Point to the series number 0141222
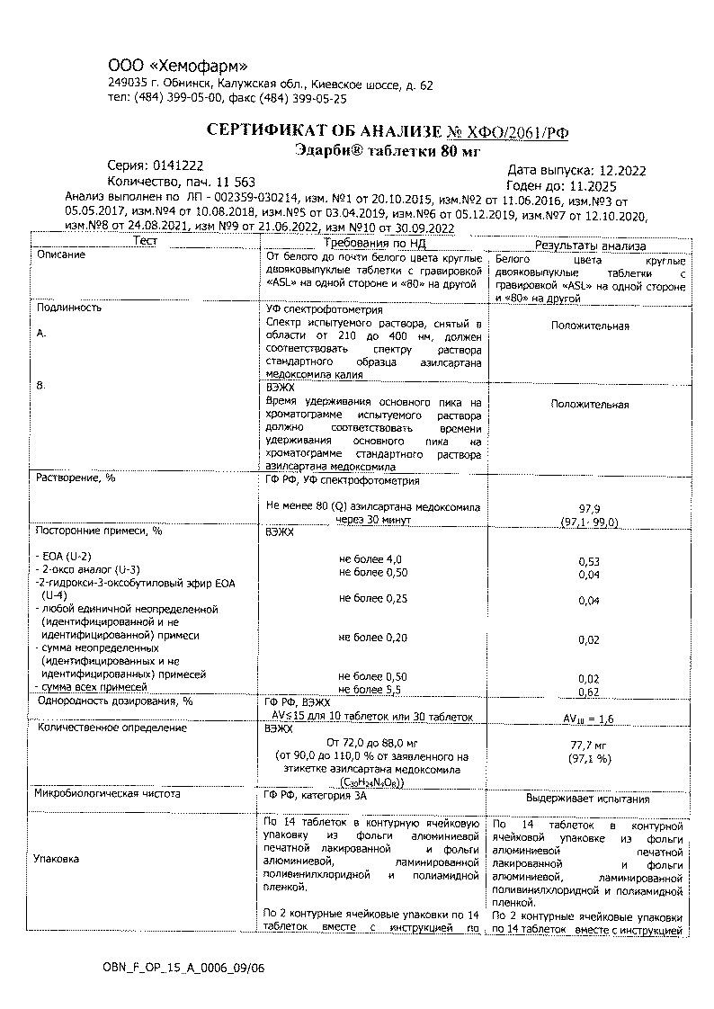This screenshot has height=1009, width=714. click(178, 166)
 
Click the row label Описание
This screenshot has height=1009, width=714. click(61, 255)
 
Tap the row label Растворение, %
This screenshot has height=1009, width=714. click(76, 478)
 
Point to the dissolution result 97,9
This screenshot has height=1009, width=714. click(589, 508)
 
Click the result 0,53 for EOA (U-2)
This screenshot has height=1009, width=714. click(589, 562)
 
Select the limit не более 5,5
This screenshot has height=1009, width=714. click(370, 690)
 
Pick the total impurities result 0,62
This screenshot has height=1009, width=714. click(589, 692)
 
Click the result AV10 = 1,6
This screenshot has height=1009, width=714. click(588, 719)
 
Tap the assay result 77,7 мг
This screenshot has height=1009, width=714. click(589, 746)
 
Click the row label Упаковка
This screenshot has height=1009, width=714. click(56, 859)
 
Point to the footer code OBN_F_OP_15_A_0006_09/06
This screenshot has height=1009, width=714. click(183, 968)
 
